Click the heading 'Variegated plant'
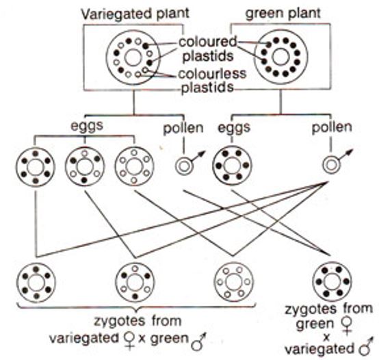[x=135, y=13]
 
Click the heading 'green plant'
[x=283, y=12]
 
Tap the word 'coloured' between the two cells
[x=207, y=42]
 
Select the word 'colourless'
[x=213, y=73]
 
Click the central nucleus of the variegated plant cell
[x=133, y=57]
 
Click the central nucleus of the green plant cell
[x=280, y=57]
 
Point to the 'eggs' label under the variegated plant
[x=87, y=125]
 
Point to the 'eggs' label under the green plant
[x=234, y=127]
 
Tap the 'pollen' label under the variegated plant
[x=183, y=128]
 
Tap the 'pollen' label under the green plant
[x=332, y=127]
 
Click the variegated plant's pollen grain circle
[x=184, y=166]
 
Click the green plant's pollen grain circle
[x=331, y=165]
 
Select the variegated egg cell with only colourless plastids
[x=134, y=166]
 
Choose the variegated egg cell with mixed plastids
[x=85, y=166]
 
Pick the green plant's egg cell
[x=232, y=166]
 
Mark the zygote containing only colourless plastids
[x=234, y=282]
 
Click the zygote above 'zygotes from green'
[x=332, y=281]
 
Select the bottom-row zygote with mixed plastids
[x=135, y=283]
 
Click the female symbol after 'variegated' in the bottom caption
[x=129, y=341]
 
